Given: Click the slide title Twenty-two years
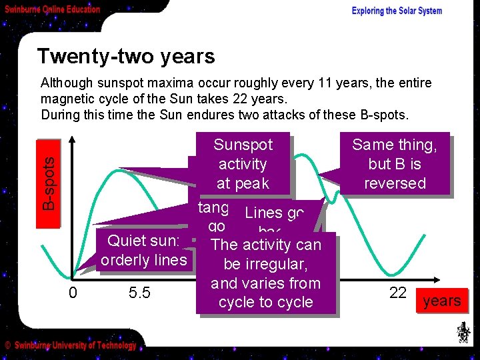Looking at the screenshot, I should [x=125, y=56].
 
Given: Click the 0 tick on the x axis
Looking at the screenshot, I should [x=73, y=292].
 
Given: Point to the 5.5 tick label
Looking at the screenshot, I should [x=140, y=292].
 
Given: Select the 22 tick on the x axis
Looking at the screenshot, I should [x=397, y=292].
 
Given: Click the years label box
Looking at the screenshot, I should [x=441, y=301].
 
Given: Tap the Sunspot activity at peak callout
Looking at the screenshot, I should [x=243, y=164].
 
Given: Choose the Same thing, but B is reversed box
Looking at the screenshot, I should [x=394, y=164].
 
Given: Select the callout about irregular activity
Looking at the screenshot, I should [x=265, y=273].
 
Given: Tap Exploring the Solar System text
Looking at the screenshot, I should [x=397, y=11].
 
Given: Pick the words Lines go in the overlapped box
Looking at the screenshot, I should [x=274, y=213].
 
